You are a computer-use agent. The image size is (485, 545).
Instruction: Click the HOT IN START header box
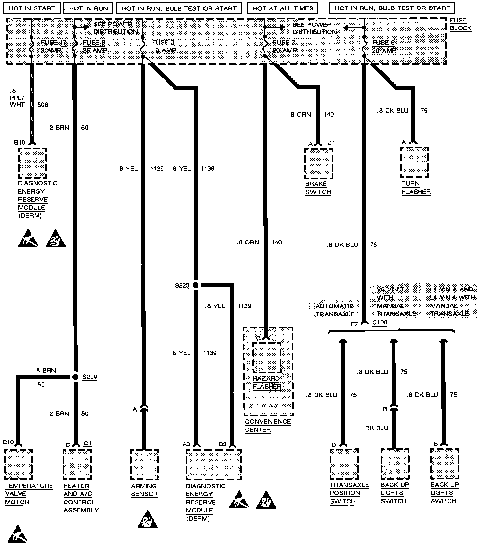click(x=32, y=8)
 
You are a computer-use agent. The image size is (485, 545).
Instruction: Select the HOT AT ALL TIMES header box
click(x=283, y=8)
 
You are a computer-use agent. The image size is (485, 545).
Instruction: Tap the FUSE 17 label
click(x=53, y=43)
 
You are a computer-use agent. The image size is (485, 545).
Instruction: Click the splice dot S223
click(x=196, y=285)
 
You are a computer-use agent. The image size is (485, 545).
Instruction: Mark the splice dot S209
click(x=75, y=377)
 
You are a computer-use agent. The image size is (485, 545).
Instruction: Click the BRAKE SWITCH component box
click(x=319, y=164)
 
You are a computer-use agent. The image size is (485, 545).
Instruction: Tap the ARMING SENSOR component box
click(x=144, y=465)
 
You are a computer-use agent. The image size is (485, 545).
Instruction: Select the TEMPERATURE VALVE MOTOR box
click(x=19, y=465)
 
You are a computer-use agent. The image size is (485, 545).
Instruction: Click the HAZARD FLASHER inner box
click(x=267, y=357)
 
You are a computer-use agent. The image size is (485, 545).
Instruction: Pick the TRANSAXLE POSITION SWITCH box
click(x=344, y=465)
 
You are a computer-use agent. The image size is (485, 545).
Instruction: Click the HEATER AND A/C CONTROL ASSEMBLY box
click(x=77, y=465)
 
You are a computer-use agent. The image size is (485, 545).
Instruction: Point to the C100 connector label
click(x=380, y=323)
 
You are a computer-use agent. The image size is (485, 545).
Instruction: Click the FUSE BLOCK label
click(x=461, y=24)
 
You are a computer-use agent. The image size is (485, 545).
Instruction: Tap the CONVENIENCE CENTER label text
click(x=268, y=426)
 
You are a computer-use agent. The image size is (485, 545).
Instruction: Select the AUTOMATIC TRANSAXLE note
click(x=335, y=310)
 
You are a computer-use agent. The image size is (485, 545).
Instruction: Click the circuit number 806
click(x=43, y=105)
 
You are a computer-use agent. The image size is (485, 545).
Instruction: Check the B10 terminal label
click(x=20, y=143)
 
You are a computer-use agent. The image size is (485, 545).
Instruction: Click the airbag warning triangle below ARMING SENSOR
click(x=147, y=519)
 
